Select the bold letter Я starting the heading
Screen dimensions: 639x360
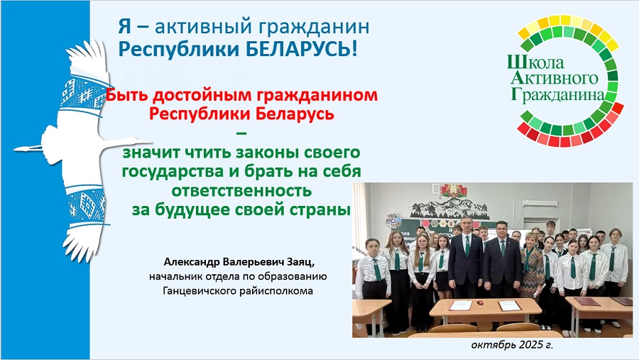(x=125, y=27)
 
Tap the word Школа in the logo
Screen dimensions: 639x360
(x=535, y=62)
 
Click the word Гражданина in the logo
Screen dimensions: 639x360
(x=557, y=94)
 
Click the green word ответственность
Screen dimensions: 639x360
(x=241, y=190)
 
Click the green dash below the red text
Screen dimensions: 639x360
(x=241, y=133)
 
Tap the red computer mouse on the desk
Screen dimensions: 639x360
(x=480, y=302)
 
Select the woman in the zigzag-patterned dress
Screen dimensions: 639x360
(x=531, y=269)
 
